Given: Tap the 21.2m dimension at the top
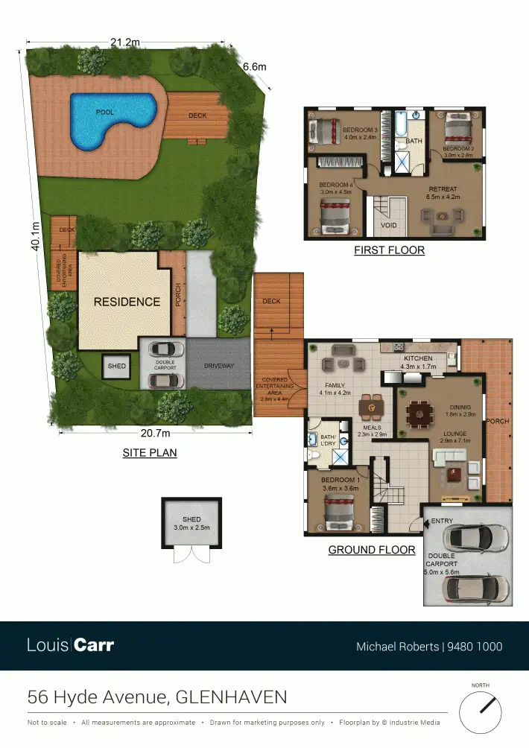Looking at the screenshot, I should coord(125,43).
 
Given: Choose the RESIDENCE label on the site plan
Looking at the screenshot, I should coord(127,302).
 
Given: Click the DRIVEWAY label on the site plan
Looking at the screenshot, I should coord(218,366).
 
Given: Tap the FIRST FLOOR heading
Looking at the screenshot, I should coord(389,250).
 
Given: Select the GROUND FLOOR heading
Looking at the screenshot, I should coord(372,550).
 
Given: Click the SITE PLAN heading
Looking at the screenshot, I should coord(150,452).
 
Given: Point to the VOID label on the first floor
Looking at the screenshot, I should coord(389,225).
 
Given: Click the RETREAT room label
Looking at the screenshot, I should coord(443,189).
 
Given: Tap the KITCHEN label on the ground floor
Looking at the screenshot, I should coord(418,359).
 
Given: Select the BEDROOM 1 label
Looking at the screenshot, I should coord(340,481).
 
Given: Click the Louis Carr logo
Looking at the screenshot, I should coord(71,645).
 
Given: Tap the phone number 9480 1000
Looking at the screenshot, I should coord(474,647).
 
